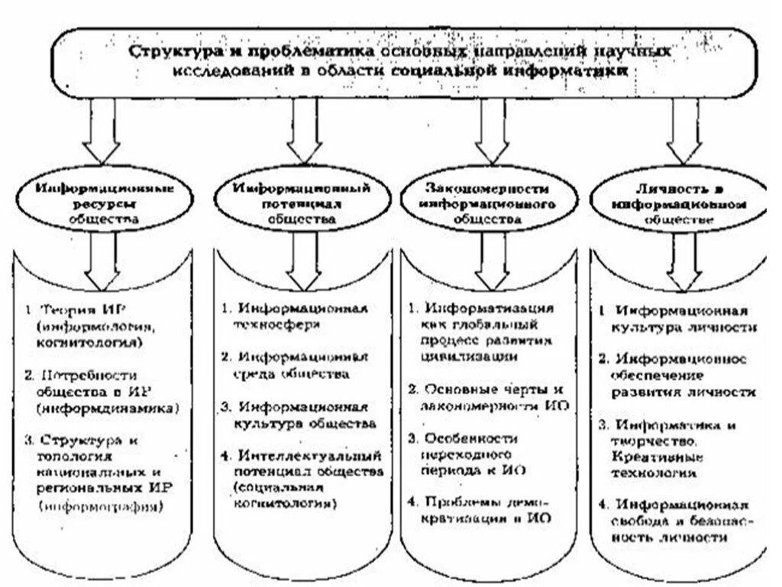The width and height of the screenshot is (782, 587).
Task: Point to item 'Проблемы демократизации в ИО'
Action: (481, 510)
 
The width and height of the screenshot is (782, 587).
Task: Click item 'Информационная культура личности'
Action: (680, 319)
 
